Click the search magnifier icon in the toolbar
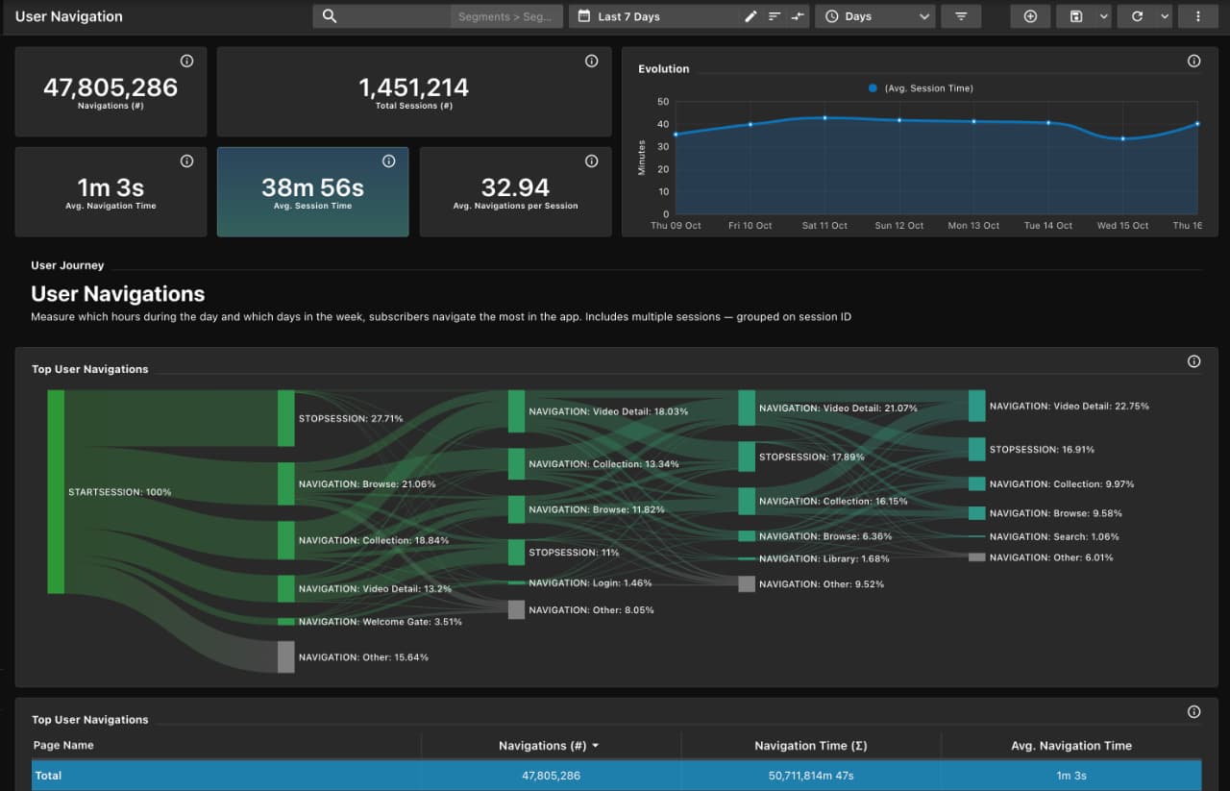[x=330, y=16]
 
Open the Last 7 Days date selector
[x=628, y=16]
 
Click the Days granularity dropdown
[x=878, y=16]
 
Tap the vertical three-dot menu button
[x=1197, y=16]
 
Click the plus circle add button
[x=1030, y=16]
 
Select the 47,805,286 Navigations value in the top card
[x=111, y=87]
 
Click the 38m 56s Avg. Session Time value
[x=312, y=187]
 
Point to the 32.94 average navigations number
[x=515, y=187]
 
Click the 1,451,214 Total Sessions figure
[x=413, y=87]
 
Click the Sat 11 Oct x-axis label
[x=824, y=226]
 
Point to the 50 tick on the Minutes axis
[x=662, y=102]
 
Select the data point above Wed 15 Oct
[x=1122, y=138]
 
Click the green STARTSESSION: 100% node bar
[x=56, y=491]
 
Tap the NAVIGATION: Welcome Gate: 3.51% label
[x=380, y=622]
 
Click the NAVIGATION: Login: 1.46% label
[x=590, y=583]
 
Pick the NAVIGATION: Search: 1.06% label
[x=1053, y=537]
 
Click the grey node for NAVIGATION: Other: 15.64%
[x=285, y=656]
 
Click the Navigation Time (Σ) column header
[x=810, y=746]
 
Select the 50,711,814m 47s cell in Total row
[x=810, y=776]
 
